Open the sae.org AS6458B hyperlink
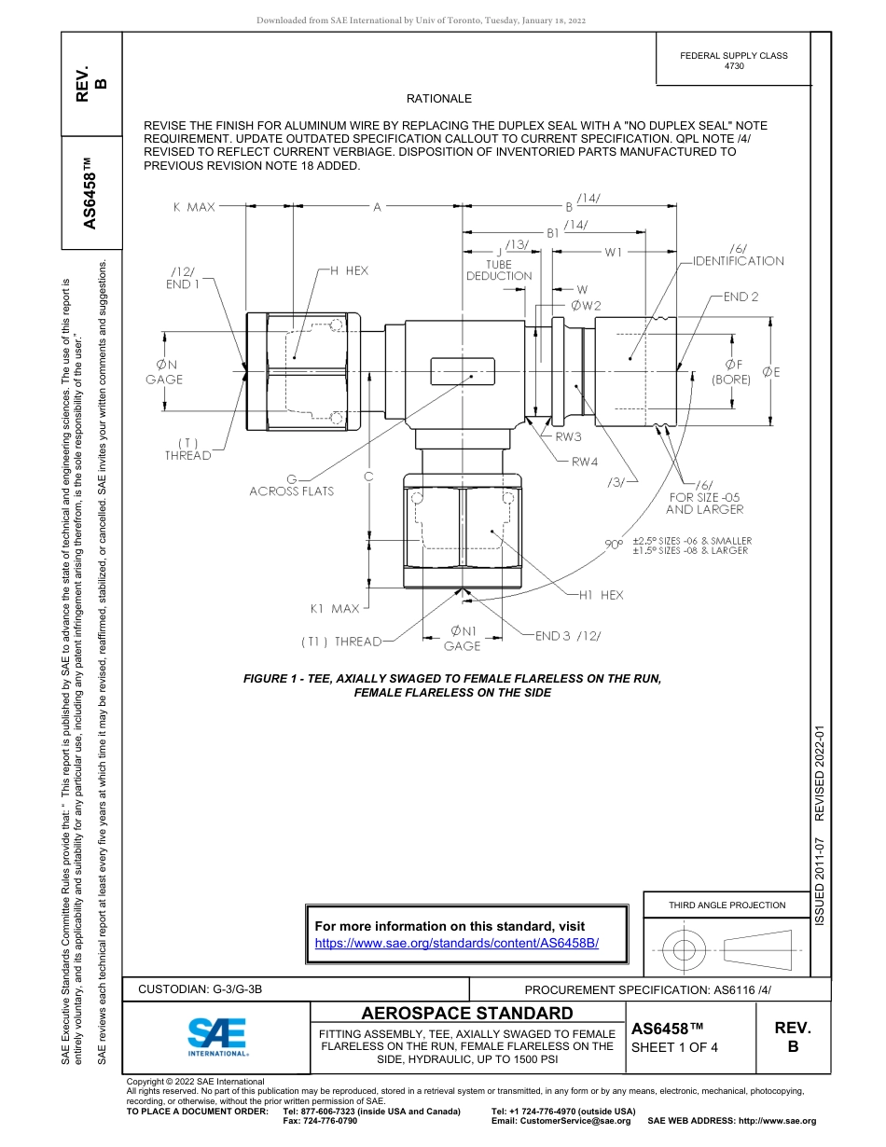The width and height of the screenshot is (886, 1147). [x=456, y=943]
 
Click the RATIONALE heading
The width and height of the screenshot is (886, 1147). [x=438, y=99]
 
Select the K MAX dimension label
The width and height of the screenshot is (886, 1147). [x=193, y=207]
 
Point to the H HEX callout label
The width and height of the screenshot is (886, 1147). [x=350, y=270]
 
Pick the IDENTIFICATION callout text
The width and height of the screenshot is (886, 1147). [x=738, y=261]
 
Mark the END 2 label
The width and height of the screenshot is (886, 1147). [x=741, y=297]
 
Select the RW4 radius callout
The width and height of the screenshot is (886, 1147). [x=585, y=461]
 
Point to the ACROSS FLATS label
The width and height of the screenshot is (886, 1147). [x=291, y=491]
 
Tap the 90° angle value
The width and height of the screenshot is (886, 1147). [x=614, y=545]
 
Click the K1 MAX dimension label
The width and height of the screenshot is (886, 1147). [x=334, y=609]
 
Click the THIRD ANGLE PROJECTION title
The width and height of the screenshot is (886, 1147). [x=727, y=905]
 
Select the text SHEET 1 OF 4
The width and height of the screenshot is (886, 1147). [x=674, y=1047]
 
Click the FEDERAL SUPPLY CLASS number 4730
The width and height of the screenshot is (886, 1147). [x=733, y=66]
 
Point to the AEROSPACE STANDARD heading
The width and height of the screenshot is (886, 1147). [x=466, y=1014]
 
